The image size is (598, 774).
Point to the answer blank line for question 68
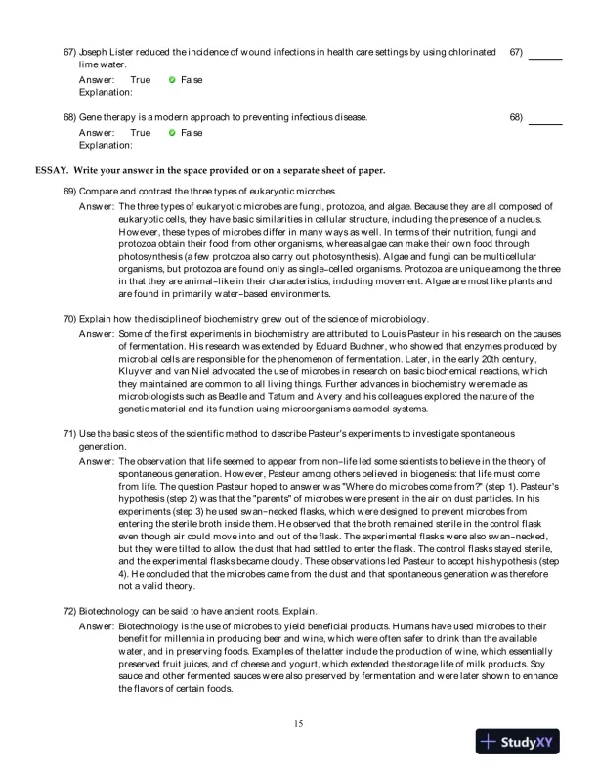545,123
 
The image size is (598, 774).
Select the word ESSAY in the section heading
50,170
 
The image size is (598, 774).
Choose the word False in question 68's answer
192,133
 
